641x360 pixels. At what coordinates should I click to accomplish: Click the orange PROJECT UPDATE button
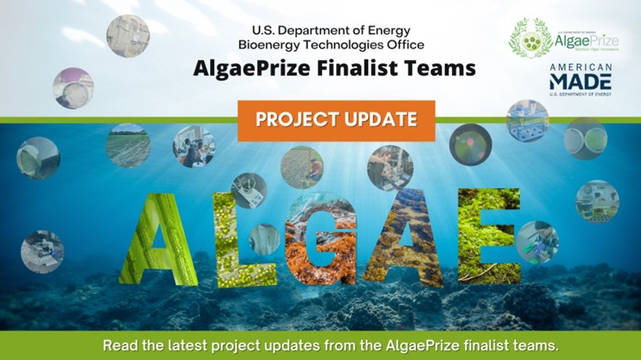coord(336,120)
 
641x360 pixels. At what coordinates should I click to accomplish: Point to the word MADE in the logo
coord(581,82)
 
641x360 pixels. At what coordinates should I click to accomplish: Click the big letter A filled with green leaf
coord(157,240)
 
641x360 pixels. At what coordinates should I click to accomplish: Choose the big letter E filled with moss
coord(489,236)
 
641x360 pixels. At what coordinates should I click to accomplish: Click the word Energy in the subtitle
coord(388,30)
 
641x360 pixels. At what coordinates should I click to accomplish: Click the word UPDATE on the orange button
coord(380,120)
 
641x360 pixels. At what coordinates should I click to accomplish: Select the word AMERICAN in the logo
coord(581,68)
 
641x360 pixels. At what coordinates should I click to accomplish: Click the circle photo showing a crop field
coord(128,146)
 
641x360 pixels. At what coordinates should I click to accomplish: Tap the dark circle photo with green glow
coord(471,144)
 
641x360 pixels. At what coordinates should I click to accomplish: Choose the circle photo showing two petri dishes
coord(585,139)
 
